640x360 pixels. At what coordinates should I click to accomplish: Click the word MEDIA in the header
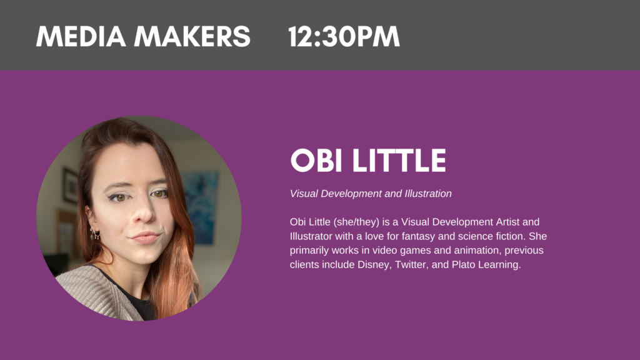[81, 37]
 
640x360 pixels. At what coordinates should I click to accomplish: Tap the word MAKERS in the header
[192, 37]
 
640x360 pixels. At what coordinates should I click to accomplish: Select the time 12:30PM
[344, 37]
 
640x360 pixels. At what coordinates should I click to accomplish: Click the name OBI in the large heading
[316, 161]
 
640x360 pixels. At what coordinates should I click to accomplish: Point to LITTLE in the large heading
[399, 161]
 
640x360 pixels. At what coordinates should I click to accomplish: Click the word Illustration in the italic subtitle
[428, 194]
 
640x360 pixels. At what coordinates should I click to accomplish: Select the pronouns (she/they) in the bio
[356, 222]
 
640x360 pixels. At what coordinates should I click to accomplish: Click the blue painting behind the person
[201, 207]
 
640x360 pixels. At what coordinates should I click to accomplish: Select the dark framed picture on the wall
[70, 186]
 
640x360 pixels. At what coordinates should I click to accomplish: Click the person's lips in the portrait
[144, 237]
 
